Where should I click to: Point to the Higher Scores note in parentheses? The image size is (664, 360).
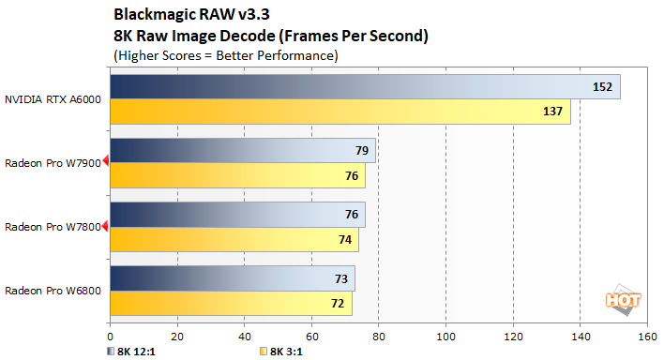pos(225,55)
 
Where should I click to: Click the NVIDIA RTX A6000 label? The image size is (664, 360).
pos(53,98)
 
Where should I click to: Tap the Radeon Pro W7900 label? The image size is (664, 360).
pos(52,162)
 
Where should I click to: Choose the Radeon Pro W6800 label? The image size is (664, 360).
pos(52,291)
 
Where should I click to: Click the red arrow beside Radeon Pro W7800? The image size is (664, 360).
pos(106,226)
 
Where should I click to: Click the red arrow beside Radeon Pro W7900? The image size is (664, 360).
pos(106,162)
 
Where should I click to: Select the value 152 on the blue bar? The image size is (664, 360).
pos(601,87)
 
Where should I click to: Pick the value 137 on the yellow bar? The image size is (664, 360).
pos(551,112)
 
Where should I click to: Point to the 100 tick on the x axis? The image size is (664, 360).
pos(446,335)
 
